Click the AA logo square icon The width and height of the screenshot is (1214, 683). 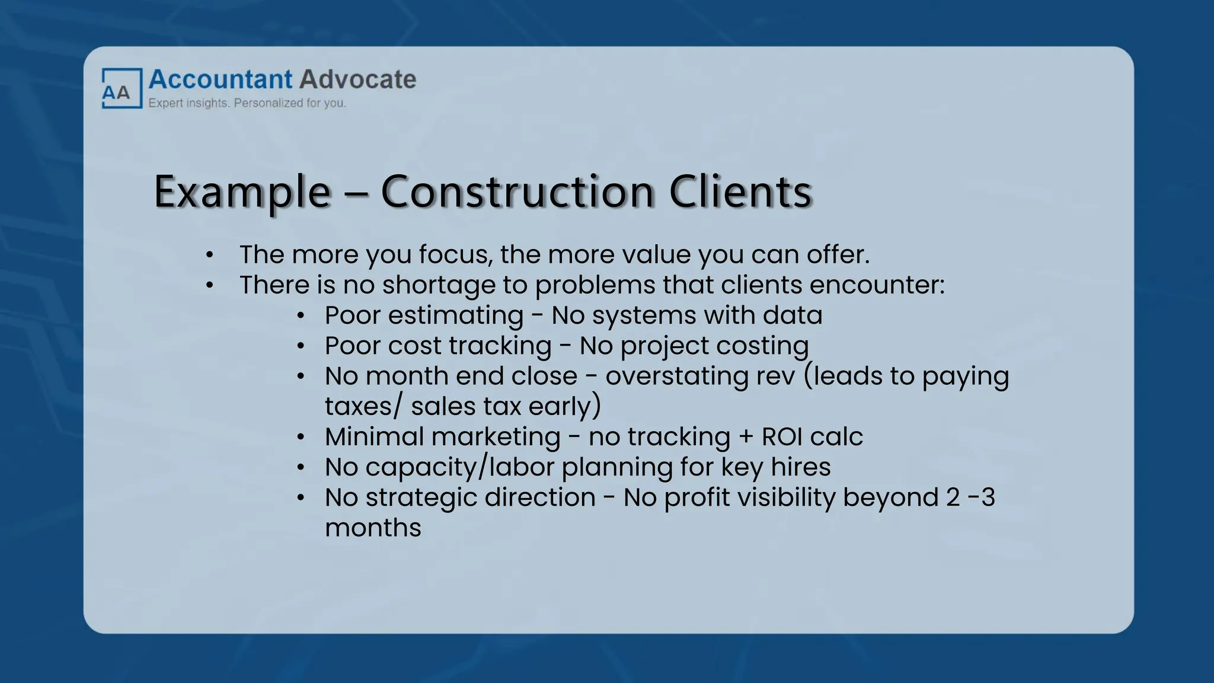pos(122,88)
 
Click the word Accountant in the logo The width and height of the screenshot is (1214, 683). pos(221,79)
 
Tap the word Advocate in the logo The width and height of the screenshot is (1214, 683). pos(357,79)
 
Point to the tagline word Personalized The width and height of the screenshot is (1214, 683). pos(269,103)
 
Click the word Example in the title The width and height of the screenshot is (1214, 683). pos(242,192)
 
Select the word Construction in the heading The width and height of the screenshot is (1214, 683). pos(517,192)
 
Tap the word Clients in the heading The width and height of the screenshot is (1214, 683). pos(740,192)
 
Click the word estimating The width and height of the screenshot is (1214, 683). pos(456,316)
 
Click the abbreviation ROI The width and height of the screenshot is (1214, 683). pos(782,437)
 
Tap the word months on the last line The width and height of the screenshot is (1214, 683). pos(373,528)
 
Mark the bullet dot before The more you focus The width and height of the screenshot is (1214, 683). pos(209,256)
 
